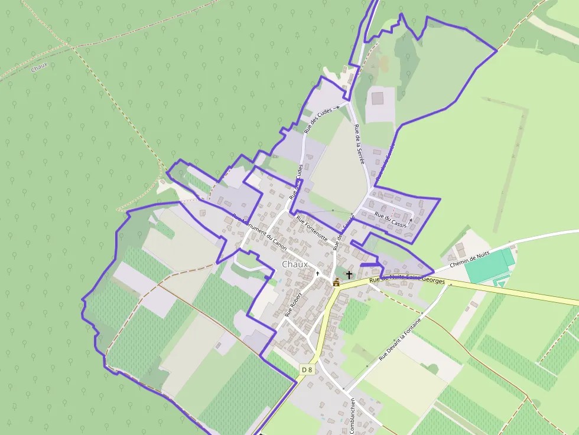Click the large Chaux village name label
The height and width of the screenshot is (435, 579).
coord(295,264)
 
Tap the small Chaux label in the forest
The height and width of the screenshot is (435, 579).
coord(39,68)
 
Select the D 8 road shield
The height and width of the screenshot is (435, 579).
coord(307,369)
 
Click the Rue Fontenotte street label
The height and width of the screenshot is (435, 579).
coord(311,229)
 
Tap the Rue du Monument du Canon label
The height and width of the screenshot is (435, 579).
coord(260,232)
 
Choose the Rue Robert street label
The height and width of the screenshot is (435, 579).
coord(294,304)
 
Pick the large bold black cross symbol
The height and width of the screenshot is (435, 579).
coord(349,274)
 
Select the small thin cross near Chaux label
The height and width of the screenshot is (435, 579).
coord(317,273)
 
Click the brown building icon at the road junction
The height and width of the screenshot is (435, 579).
coord(336,282)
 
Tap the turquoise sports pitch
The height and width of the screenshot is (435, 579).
coord(489,265)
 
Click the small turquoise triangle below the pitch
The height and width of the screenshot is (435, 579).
coord(501,283)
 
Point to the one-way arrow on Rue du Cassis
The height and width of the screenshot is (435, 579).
coord(410,221)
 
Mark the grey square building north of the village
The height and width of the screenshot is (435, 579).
coord(377,97)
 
